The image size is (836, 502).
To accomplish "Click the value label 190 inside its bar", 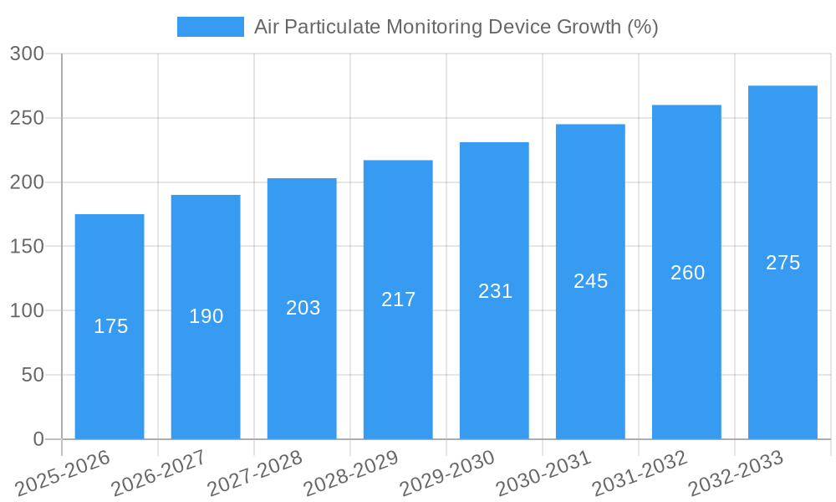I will (206, 316).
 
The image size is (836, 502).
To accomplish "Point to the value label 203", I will (303, 308).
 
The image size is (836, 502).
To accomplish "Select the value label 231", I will (495, 291).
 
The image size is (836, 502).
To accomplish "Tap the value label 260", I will (687, 273).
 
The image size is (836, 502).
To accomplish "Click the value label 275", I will (782, 263).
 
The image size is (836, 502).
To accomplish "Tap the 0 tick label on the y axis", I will (38, 439).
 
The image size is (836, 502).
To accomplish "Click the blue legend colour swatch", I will (210, 27).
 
